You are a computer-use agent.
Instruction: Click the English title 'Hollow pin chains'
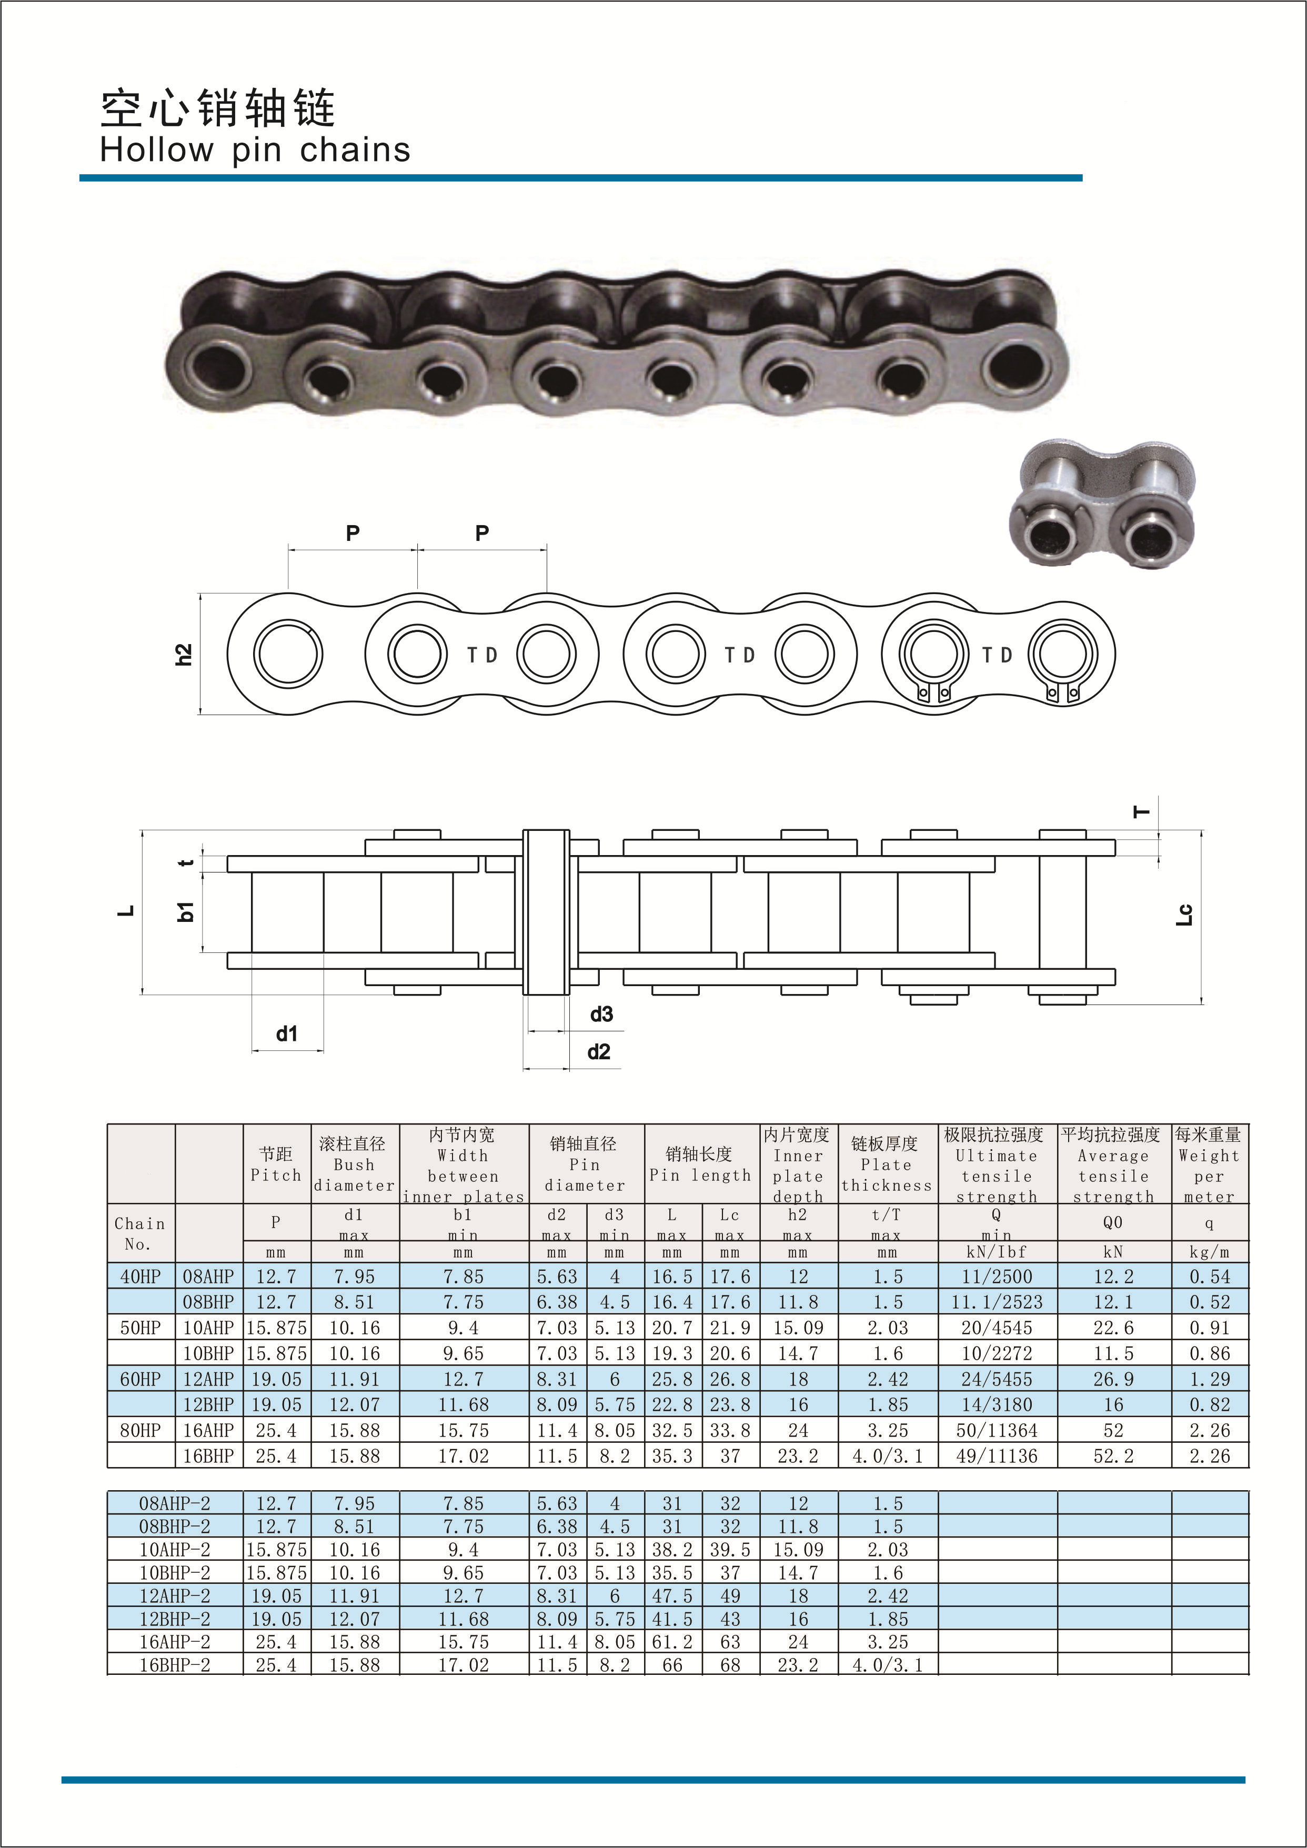coord(255,150)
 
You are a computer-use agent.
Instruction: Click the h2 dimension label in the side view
coord(184,655)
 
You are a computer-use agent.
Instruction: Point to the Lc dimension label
coord(1184,915)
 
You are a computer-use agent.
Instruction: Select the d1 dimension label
coord(287,1033)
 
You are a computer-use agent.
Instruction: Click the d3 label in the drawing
coord(601,1014)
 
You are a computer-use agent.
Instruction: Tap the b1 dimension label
coord(185,912)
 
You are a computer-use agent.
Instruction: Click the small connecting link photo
coord(1102,504)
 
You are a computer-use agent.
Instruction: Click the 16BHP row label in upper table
coord(208,1456)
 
